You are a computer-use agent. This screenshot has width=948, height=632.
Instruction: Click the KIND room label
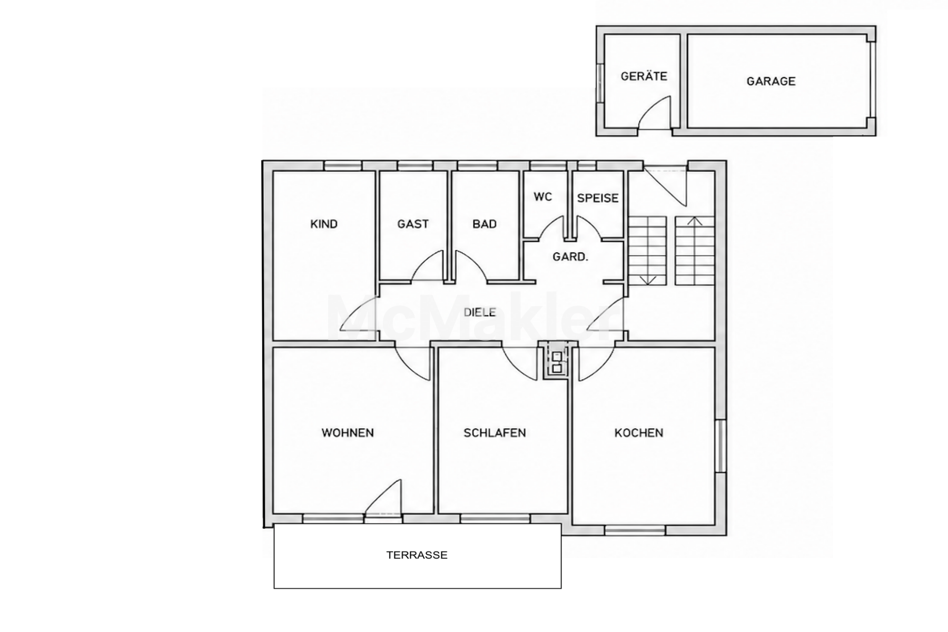(x=324, y=224)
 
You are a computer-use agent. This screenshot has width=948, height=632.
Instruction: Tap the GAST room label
(x=413, y=224)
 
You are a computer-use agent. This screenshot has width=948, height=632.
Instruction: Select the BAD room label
(x=485, y=224)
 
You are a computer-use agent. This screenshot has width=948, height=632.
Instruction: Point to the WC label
(x=543, y=197)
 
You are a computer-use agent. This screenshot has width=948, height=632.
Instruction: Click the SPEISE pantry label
(x=598, y=199)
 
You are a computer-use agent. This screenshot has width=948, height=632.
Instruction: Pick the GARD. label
(x=570, y=257)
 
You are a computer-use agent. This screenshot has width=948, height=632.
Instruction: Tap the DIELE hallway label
(x=480, y=312)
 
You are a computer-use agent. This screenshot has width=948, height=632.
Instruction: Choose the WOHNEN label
(x=348, y=433)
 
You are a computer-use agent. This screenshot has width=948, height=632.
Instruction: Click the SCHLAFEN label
(x=495, y=433)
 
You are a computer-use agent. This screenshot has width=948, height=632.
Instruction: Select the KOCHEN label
(x=639, y=433)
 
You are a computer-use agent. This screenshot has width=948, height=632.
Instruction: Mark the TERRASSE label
(x=417, y=555)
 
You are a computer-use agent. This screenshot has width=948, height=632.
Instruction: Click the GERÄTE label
(x=644, y=76)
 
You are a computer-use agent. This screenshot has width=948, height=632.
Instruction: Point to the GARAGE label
(x=771, y=81)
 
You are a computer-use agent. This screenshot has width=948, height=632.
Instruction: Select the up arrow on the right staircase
(x=695, y=221)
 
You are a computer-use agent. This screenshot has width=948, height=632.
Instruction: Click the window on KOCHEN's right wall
(x=721, y=446)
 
